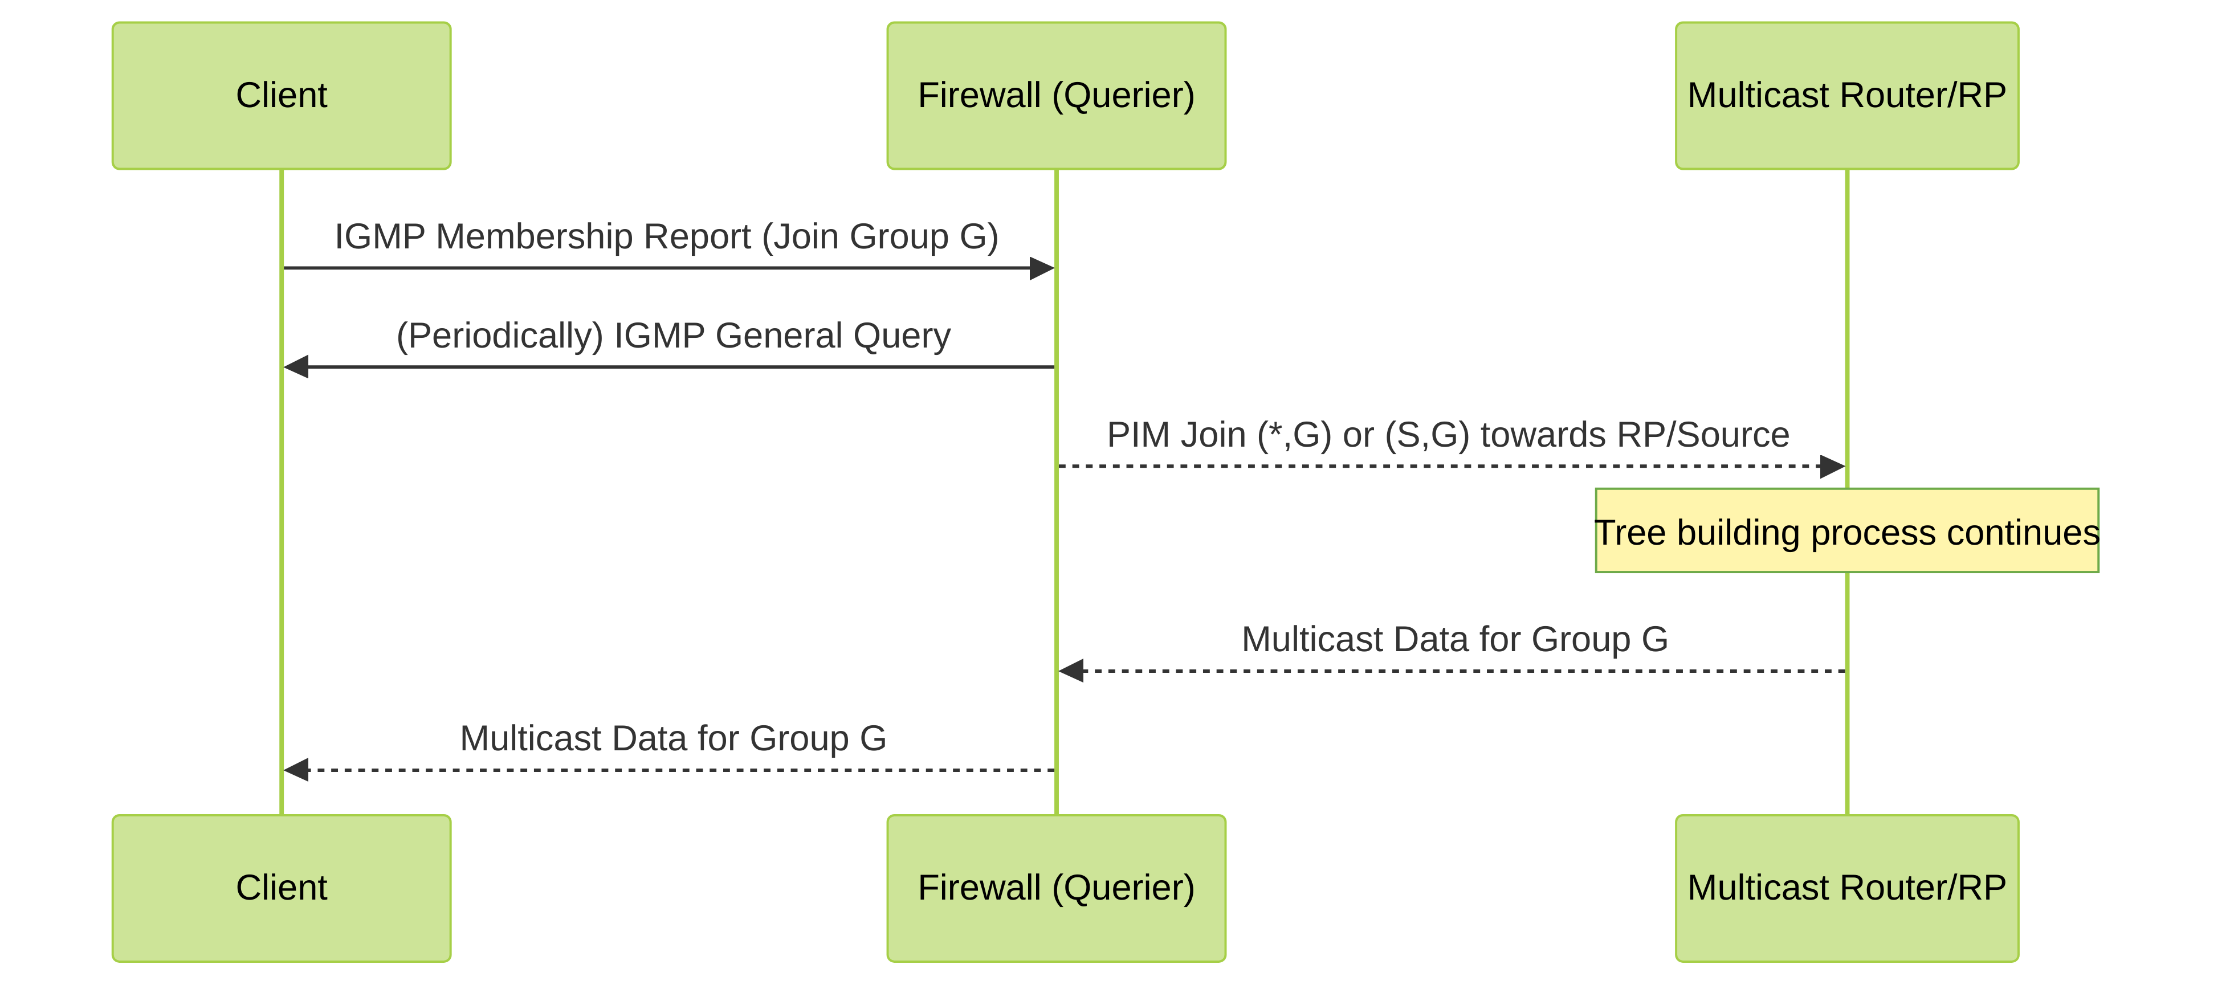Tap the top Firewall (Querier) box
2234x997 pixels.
[1056, 95]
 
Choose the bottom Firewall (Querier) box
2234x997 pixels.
[1056, 888]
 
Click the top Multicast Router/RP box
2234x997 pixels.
[1847, 95]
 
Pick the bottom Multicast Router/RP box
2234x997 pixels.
[1847, 888]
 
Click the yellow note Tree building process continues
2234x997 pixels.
[1847, 530]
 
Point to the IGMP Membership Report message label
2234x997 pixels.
[667, 236]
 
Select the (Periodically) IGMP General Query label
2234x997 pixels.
[674, 336]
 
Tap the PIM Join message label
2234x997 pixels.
[1448, 434]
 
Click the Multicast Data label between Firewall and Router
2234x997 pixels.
[1455, 639]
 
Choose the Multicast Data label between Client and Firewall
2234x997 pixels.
[674, 738]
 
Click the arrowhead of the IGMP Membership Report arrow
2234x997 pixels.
[1042, 269]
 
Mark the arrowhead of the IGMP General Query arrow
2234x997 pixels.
[296, 367]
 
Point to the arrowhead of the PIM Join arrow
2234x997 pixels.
[1832, 467]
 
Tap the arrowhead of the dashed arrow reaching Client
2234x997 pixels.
[296, 769]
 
